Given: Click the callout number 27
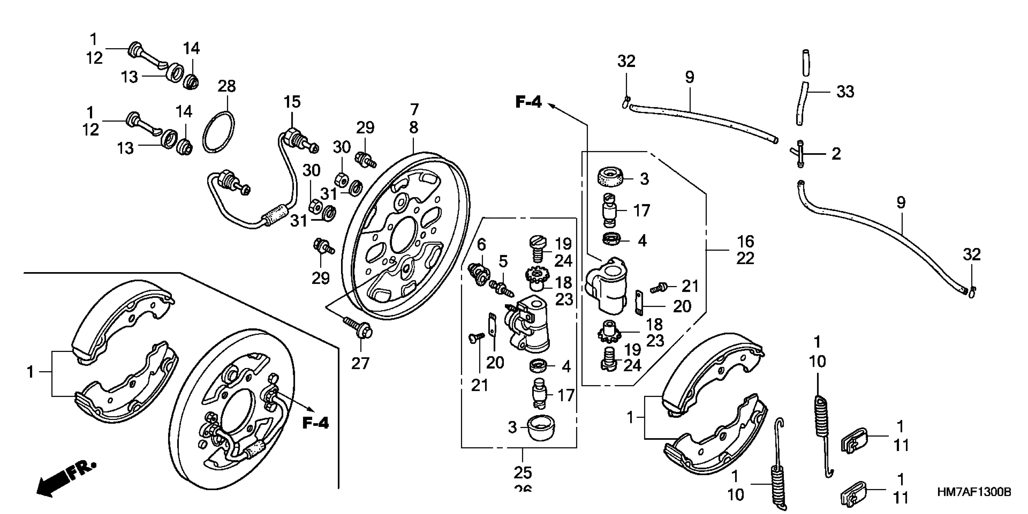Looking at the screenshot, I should pyautogui.click(x=360, y=363).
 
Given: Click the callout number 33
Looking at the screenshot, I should pyautogui.click(x=845, y=91).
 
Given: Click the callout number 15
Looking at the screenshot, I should pyautogui.click(x=292, y=102).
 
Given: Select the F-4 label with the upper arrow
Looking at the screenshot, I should pyautogui.click(x=528, y=102).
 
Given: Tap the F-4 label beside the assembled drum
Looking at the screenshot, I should pyautogui.click(x=315, y=423).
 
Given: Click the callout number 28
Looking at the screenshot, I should pyautogui.click(x=227, y=86).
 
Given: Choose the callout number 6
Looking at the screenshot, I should pyautogui.click(x=482, y=244).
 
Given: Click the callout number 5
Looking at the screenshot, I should pyautogui.click(x=503, y=262).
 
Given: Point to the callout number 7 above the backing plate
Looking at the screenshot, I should pyautogui.click(x=414, y=109).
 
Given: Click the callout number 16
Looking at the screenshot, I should pyautogui.click(x=745, y=241).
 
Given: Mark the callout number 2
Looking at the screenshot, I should pyautogui.click(x=836, y=154).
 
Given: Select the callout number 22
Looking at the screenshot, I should pyautogui.click(x=745, y=259).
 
